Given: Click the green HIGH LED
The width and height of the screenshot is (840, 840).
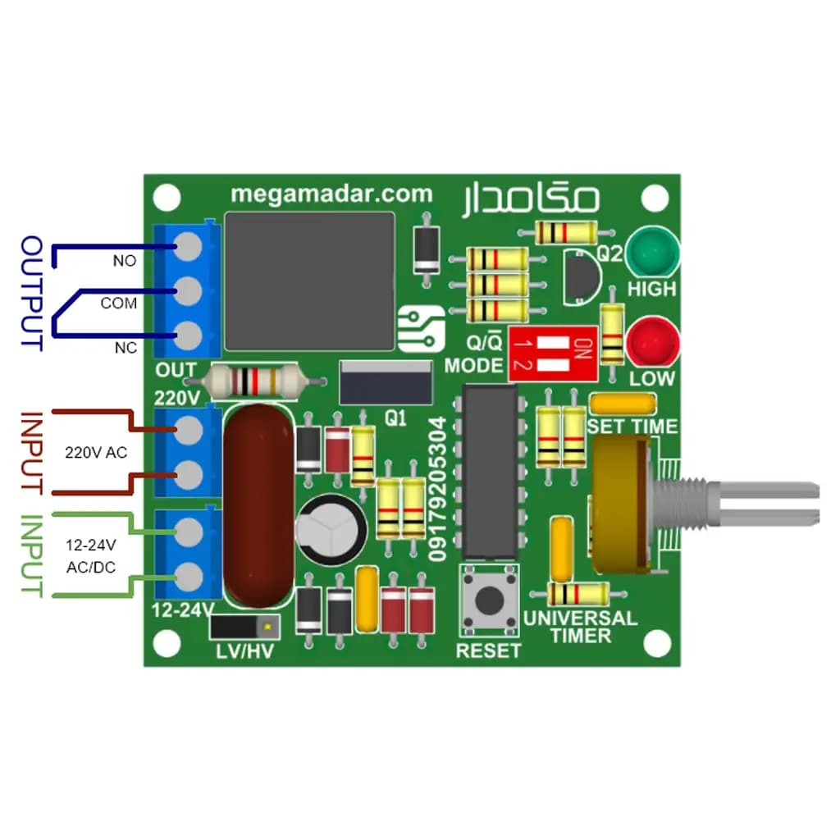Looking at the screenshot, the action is tap(652, 253).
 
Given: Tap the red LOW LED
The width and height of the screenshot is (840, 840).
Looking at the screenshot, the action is tap(652, 343).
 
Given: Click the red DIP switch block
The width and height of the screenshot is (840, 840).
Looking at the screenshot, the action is tap(554, 354).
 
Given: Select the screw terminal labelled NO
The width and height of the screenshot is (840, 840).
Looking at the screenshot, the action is tap(188, 246).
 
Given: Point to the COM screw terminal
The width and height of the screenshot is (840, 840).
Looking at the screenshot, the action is tap(188, 291).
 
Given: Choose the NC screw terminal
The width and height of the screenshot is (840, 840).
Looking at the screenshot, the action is tap(188, 336).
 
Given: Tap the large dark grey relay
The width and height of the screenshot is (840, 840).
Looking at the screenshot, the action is tap(309, 281).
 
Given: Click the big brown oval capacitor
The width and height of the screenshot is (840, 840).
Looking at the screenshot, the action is tap(258, 505).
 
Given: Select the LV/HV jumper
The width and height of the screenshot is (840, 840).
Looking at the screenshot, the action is tap(245, 627).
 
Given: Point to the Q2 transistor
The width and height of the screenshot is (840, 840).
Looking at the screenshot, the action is tap(582, 277).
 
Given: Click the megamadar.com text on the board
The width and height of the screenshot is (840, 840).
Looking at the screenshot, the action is tap(331, 194).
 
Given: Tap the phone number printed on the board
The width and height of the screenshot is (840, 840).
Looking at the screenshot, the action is tap(437, 489).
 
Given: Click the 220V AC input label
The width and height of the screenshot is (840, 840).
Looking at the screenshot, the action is tap(97, 453).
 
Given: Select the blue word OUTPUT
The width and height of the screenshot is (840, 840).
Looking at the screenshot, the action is tap(32, 293).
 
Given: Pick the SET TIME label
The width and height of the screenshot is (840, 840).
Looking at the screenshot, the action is tap(632, 427).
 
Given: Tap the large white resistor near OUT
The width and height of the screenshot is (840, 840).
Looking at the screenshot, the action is tap(255, 381).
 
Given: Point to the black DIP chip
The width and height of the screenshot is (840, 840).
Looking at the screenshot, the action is tap(490, 472).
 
